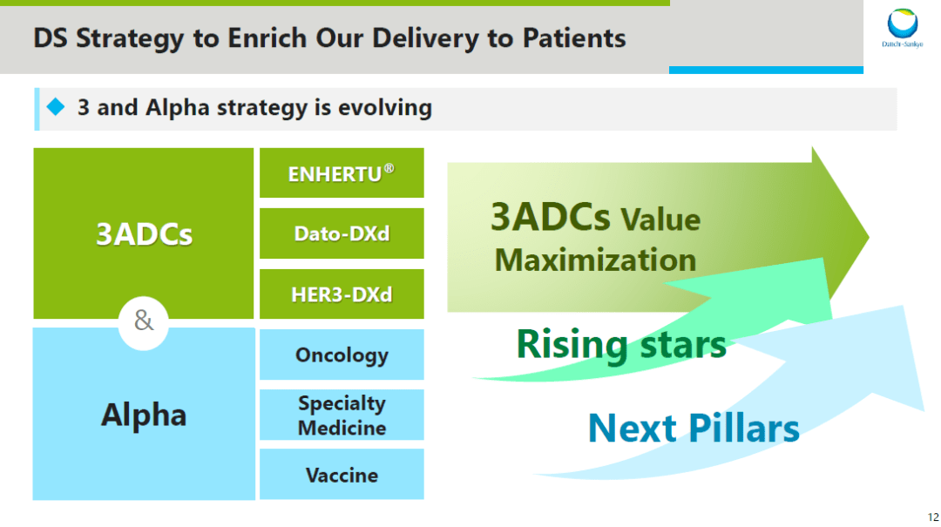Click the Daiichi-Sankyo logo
(x=902, y=28)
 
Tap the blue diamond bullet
(x=56, y=107)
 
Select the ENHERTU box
(x=342, y=172)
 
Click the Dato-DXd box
(x=342, y=233)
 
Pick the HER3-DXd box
(x=342, y=294)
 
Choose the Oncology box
(x=342, y=355)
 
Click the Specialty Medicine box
(x=342, y=415)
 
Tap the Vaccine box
(x=342, y=474)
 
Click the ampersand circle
(x=144, y=321)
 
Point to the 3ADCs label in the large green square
(x=144, y=234)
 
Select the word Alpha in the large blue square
(x=144, y=415)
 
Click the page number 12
(x=933, y=517)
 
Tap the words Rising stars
(x=621, y=345)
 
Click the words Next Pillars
(x=694, y=428)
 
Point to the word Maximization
(x=595, y=260)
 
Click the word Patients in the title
(x=573, y=37)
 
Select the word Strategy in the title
(x=130, y=38)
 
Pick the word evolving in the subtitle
(x=385, y=107)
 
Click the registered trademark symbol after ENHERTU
(x=389, y=168)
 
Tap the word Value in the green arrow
(x=660, y=220)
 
